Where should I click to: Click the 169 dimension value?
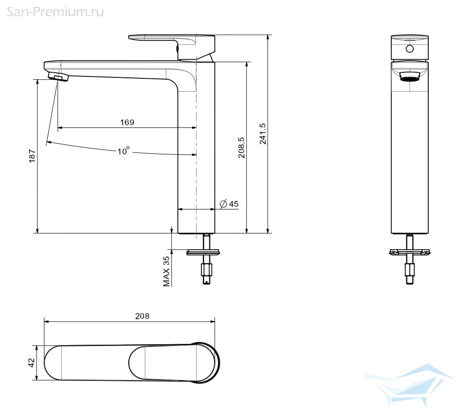pyautogui.click(x=127, y=122)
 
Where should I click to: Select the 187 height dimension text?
pyautogui.click(x=32, y=156)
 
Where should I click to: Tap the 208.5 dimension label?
pyautogui.click(x=242, y=147)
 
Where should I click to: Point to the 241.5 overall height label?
pyautogui.click(x=263, y=134)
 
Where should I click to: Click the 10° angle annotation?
pyautogui.click(x=124, y=151)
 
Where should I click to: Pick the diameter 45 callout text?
pyautogui.click(x=229, y=203)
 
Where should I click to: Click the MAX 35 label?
pyautogui.click(x=167, y=272)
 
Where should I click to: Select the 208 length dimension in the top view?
pyautogui.click(x=142, y=316)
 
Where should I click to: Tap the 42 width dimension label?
pyautogui.click(x=32, y=363)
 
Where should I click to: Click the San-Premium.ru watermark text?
pyautogui.click(x=55, y=12)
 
